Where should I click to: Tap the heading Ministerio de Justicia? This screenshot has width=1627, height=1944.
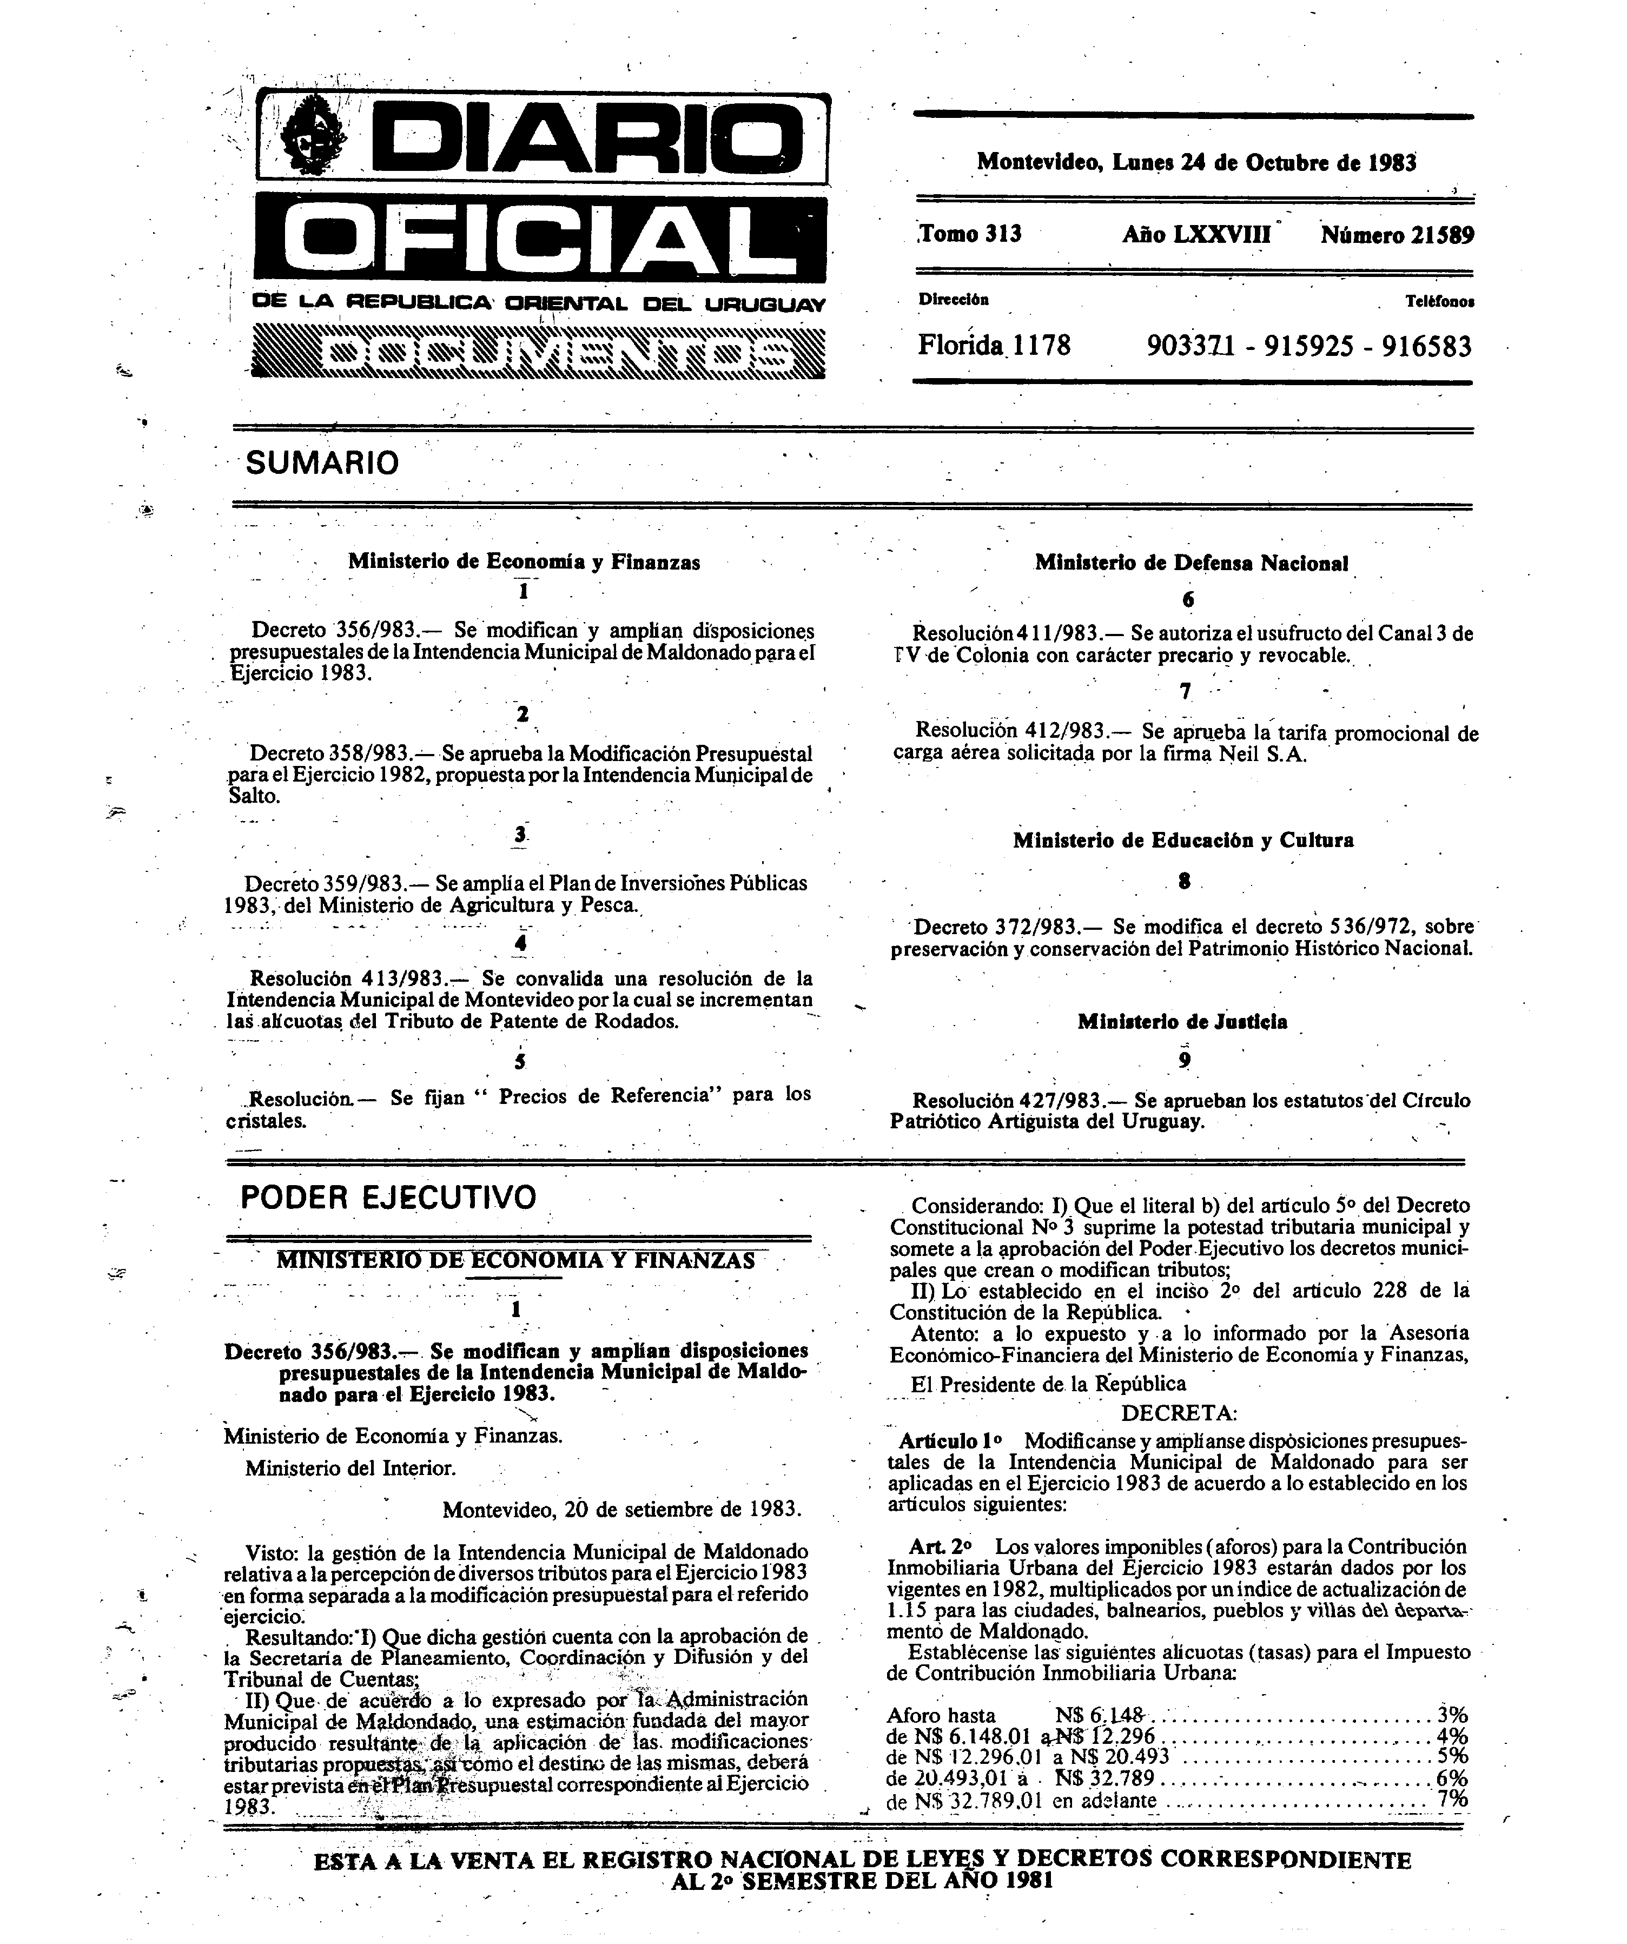pos(1182,1022)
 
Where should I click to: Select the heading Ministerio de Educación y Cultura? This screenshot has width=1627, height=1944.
pos(1183,841)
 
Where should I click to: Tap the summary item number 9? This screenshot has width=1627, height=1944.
pos(1185,1061)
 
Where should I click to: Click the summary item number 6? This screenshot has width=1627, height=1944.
pos(1188,600)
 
